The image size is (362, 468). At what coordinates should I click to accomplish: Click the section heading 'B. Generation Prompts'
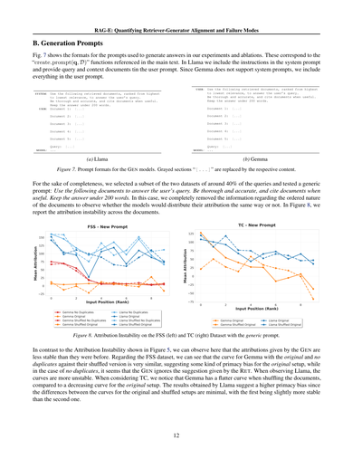pyautogui.click(x=64, y=43)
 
